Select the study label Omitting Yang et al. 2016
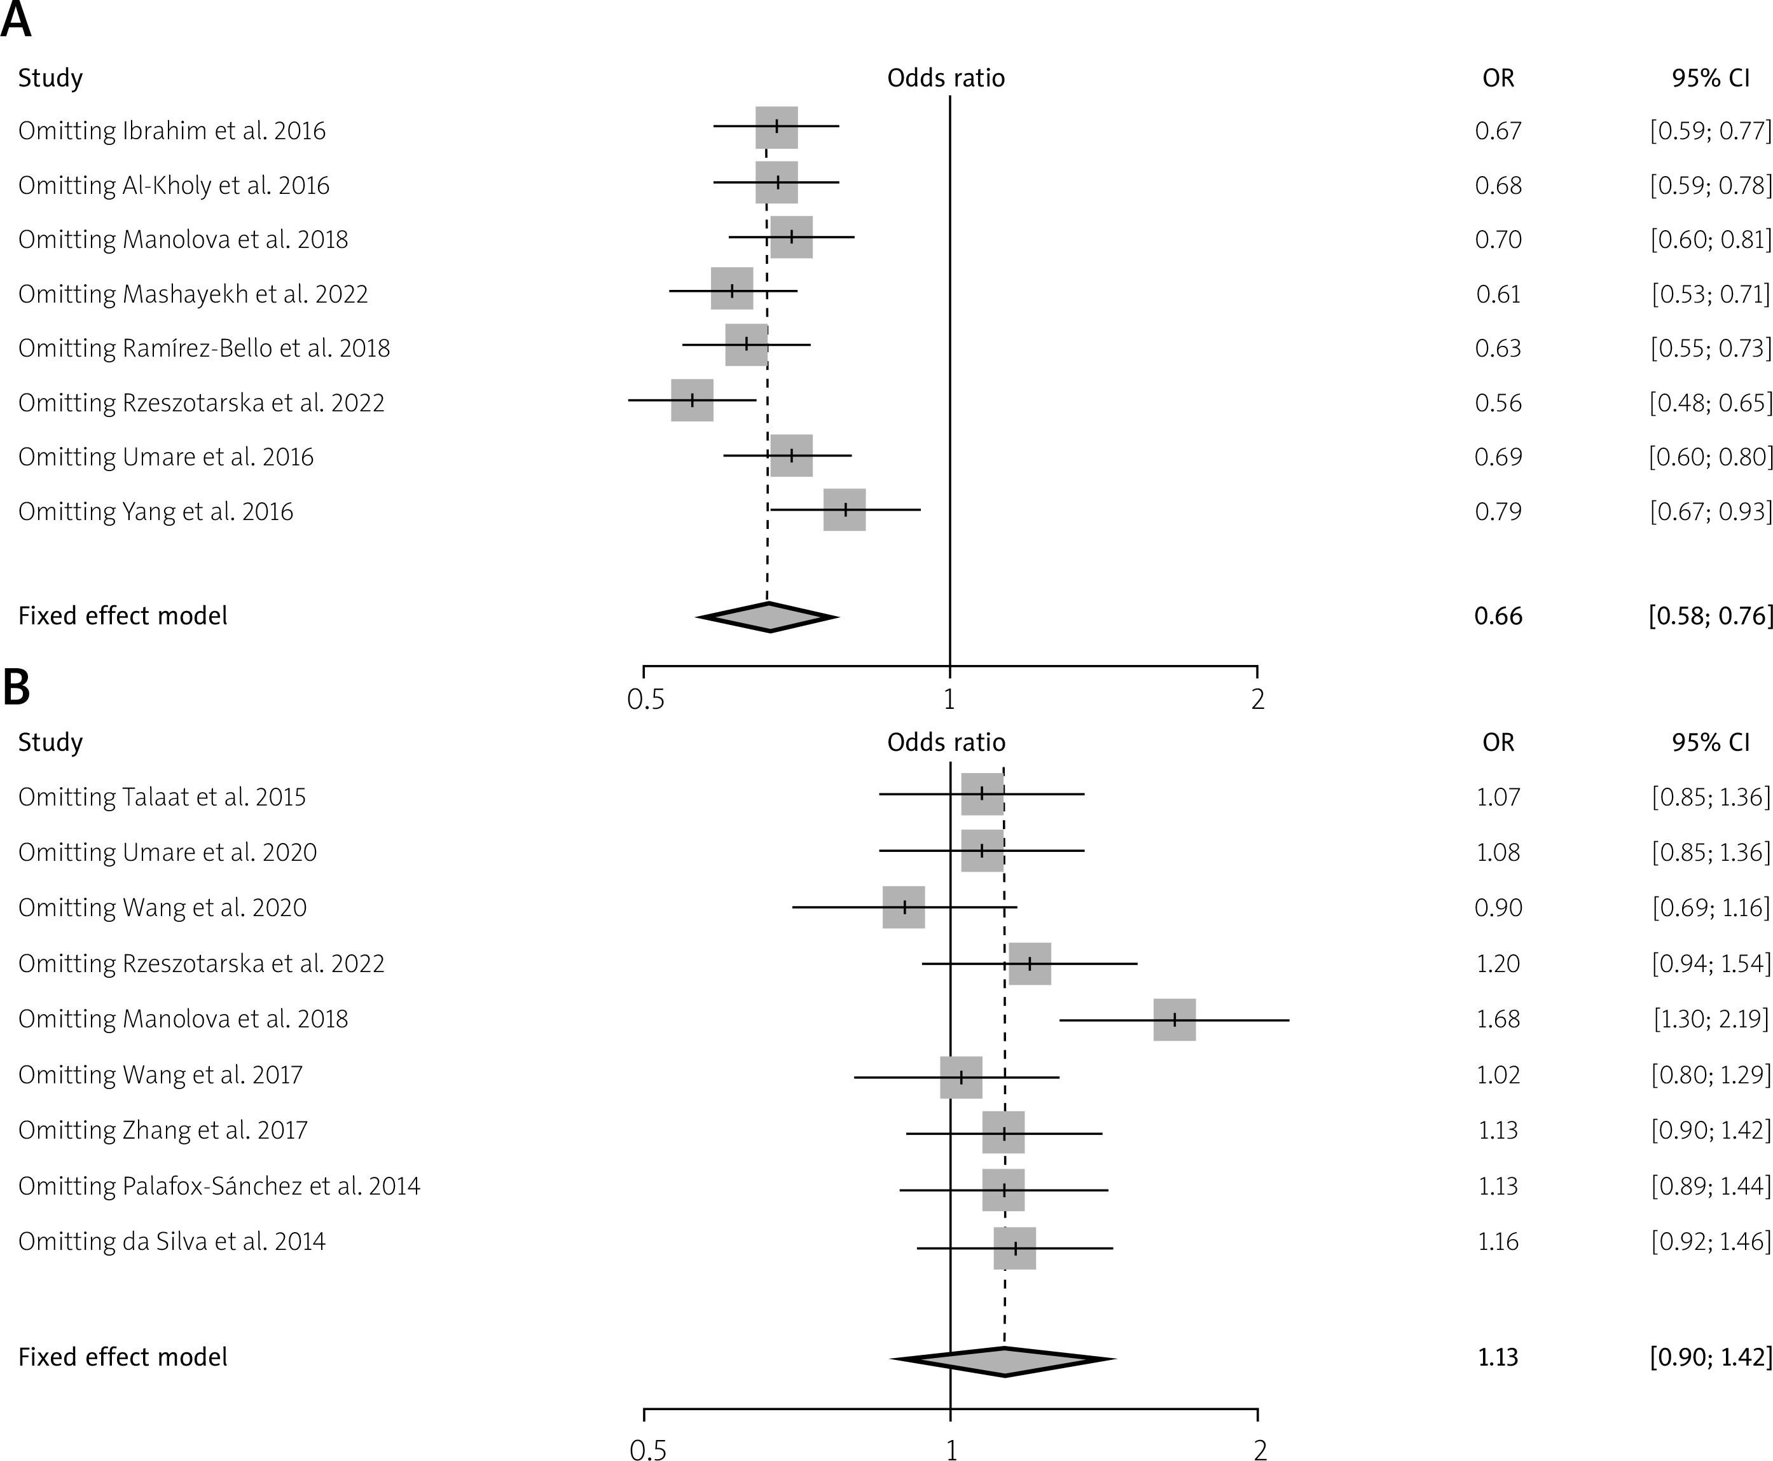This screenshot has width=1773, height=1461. click(x=156, y=512)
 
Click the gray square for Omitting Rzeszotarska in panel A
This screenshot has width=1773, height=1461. click(x=692, y=401)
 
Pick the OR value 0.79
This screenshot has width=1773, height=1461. click(x=1498, y=512)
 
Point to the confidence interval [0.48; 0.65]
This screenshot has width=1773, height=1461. click(x=1711, y=403)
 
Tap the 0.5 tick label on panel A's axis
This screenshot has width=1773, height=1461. click(x=645, y=699)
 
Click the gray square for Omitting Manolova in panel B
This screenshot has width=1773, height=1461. click(x=1175, y=1020)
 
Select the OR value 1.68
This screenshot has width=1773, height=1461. click(x=1498, y=1019)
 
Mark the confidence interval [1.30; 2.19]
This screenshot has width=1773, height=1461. click(x=1711, y=1019)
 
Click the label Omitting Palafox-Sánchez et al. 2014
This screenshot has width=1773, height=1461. click(x=219, y=1186)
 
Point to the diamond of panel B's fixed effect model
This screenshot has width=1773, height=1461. click(x=1004, y=1359)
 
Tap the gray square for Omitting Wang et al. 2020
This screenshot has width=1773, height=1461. click(x=903, y=907)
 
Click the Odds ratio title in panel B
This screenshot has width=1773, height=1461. click(x=946, y=743)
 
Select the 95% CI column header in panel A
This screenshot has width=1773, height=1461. click(x=1711, y=78)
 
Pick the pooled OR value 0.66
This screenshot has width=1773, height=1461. click(x=1498, y=616)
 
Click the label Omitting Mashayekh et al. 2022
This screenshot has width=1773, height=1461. click(x=193, y=294)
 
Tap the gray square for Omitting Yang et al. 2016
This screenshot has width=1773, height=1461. click(x=845, y=510)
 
